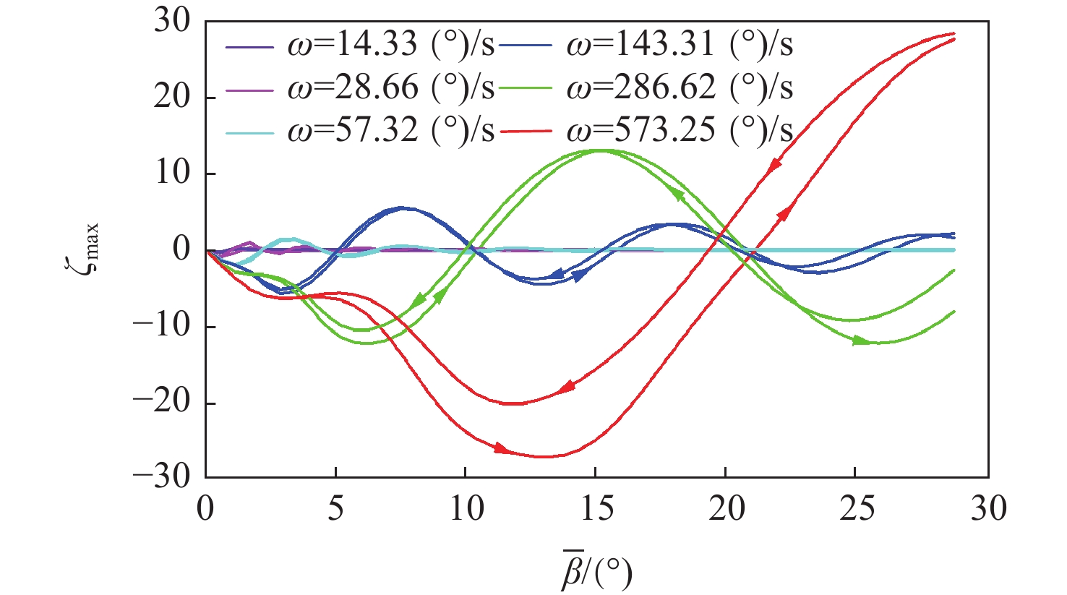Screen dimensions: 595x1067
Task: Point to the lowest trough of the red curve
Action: point(544,456)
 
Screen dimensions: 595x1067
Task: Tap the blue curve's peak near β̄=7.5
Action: point(402,208)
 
